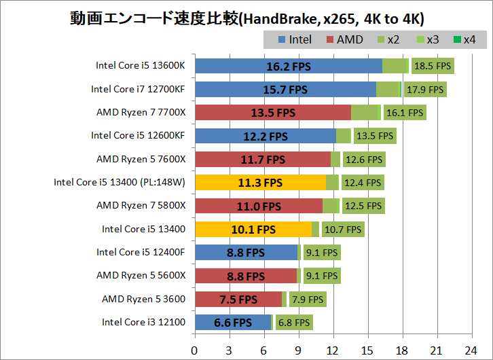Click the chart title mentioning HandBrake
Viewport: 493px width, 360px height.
tap(246, 17)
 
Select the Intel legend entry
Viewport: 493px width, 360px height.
tap(295, 39)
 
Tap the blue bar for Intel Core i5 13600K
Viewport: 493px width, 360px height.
tap(288, 66)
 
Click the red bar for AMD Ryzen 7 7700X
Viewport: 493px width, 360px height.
tap(272, 113)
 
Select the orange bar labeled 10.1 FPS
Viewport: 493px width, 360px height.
tap(253, 230)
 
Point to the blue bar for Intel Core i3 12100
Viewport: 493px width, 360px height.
tap(233, 323)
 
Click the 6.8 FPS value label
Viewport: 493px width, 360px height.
tap(293, 323)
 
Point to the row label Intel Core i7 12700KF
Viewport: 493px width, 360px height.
tap(138, 89)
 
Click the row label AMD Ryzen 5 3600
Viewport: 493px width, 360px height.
tap(143, 299)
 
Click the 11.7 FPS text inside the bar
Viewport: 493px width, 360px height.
tap(262, 160)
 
